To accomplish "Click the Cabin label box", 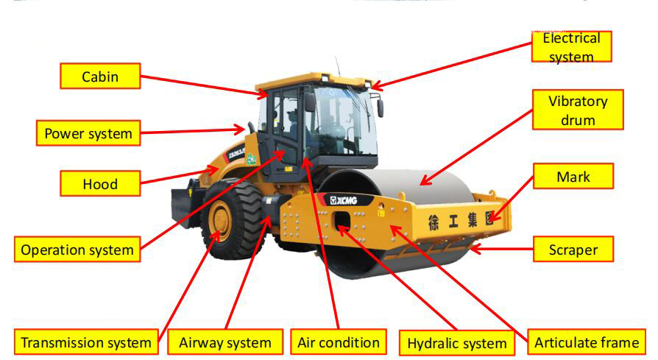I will tap(99, 76).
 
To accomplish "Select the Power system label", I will tap(88, 133).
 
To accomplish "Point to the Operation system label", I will tap(77, 250).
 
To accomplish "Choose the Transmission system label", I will tap(86, 342).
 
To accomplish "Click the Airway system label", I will tap(225, 342).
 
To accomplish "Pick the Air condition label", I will tap(339, 342).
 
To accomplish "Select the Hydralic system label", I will tap(457, 343).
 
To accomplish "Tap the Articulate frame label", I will tap(587, 342).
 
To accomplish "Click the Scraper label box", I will tap(573, 250).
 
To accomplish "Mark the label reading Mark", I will tap(573, 177).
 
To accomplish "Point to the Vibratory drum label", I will tap(578, 110).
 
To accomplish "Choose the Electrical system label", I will tap(571, 46).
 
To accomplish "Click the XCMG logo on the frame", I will tap(342, 200).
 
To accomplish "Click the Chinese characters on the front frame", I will tap(460, 219).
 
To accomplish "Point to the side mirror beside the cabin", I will tap(381, 107).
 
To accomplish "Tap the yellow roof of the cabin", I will tap(313, 79).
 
